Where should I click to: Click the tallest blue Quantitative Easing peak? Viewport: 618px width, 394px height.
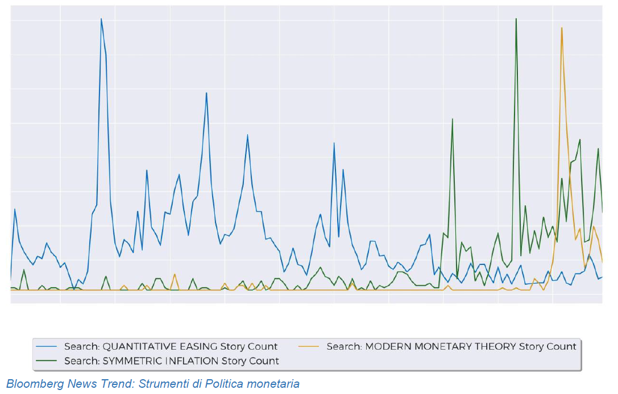101,19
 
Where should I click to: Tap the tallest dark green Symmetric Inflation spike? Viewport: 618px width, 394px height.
516,19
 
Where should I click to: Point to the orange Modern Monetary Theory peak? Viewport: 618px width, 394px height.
562,28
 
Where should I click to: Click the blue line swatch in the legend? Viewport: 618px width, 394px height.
48,346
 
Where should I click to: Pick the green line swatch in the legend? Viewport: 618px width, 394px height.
48,360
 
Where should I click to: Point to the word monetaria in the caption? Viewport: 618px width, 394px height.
276,384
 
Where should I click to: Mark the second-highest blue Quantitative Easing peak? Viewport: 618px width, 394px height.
206,93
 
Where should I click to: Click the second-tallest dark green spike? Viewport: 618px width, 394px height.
452,119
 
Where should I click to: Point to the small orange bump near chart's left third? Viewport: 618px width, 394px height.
175,275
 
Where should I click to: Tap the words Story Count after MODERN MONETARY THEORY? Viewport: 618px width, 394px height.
548,346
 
